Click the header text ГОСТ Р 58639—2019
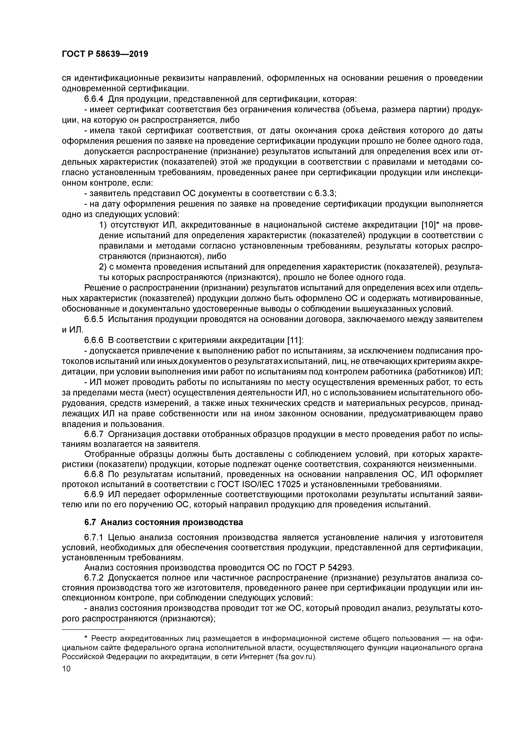click(105, 54)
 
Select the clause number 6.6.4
click(94, 99)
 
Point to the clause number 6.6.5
click(94, 319)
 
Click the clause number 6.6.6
click(94, 340)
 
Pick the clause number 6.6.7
click(94, 434)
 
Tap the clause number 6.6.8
click(94, 474)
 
